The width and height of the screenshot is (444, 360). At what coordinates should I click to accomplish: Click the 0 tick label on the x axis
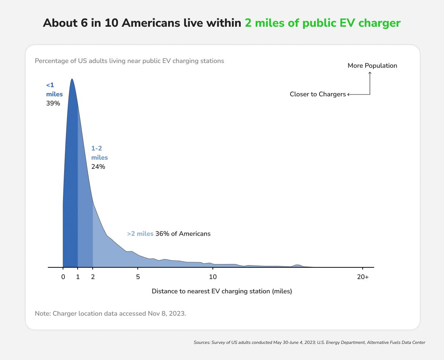[63, 277]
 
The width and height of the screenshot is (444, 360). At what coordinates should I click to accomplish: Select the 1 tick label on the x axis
[78, 277]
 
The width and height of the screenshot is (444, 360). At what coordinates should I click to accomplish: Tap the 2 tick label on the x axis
[93, 277]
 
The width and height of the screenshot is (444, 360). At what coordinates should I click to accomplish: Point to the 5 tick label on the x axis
[138, 277]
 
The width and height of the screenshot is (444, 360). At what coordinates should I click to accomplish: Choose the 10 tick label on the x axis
[212, 277]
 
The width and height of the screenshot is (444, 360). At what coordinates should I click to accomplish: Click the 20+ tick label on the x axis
[363, 277]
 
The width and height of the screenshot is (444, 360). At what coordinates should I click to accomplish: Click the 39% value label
[53, 103]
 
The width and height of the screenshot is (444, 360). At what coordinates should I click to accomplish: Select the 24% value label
[98, 167]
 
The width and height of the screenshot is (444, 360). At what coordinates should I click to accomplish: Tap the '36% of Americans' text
[183, 234]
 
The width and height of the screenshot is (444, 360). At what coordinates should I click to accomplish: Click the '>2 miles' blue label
[140, 234]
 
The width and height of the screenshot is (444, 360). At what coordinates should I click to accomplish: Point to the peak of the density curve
[72, 79]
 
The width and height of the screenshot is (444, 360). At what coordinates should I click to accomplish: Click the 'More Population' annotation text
[372, 66]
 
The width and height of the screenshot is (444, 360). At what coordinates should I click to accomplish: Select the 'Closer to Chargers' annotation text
[318, 94]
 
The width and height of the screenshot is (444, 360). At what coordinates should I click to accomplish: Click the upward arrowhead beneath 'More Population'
[370, 73]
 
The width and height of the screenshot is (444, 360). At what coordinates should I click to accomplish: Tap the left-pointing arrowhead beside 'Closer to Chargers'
[349, 94]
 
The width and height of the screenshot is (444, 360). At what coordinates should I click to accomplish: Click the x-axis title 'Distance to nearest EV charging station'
[222, 291]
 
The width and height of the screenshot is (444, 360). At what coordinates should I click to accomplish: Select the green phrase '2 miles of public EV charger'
[322, 23]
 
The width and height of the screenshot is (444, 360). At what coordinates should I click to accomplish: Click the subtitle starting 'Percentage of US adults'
[129, 61]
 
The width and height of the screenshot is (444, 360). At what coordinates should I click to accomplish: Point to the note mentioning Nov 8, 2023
[110, 313]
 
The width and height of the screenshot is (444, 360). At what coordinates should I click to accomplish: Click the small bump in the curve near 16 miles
[298, 265]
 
